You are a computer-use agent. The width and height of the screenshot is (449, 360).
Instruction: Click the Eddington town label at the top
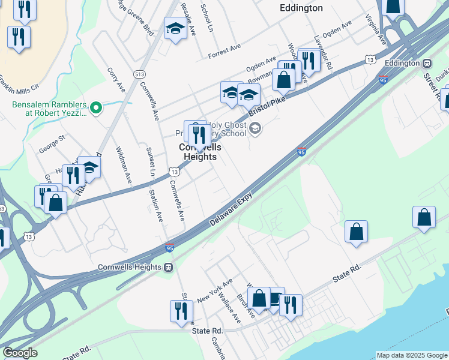click(301, 8)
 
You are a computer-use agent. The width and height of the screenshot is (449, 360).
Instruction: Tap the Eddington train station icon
click(427, 63)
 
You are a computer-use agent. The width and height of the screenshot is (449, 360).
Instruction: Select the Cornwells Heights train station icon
click(169, 267)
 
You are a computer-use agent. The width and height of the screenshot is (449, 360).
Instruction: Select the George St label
click(52, 142)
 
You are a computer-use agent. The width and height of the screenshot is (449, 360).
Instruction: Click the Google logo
click(20, 353)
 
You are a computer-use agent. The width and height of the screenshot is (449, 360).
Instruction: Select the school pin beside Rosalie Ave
click(175, 28)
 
